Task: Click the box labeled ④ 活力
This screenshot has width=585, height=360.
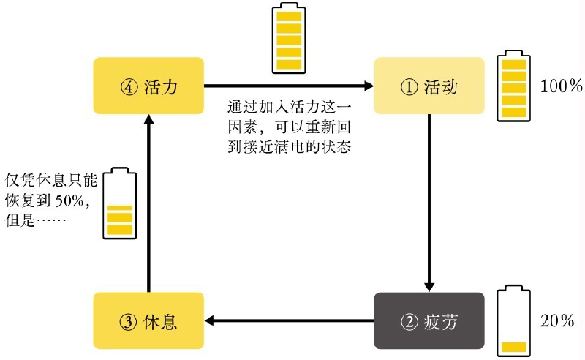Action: pyautogui.click(x=149, y=86)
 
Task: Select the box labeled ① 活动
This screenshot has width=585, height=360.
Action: pyautogui.click(x=429, y=86)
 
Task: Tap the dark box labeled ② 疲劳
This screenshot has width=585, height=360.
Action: pyautogui.click(x=429, y=320)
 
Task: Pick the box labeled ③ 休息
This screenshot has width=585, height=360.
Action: pyautogui.click(x=149, y=320)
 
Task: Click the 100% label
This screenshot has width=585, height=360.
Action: pyautogui.click(x=560, y=86)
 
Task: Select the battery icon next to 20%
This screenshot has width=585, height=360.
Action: pyautogui.click(x=514, y=322)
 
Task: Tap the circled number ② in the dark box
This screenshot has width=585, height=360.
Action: pyautogui.click(x=408, y=321)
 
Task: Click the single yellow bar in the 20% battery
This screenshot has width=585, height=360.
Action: pyautogui.click(x=514, y=345)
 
